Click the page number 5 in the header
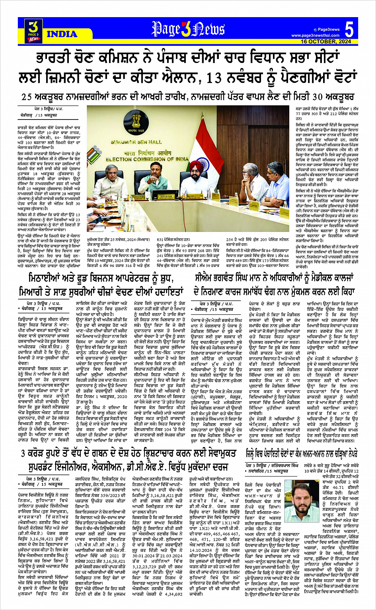[349, 30]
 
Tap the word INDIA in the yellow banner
[62, 34]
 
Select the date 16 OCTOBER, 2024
[325, 41]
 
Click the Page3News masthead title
[188, 29]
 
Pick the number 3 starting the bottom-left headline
[23, 453]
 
